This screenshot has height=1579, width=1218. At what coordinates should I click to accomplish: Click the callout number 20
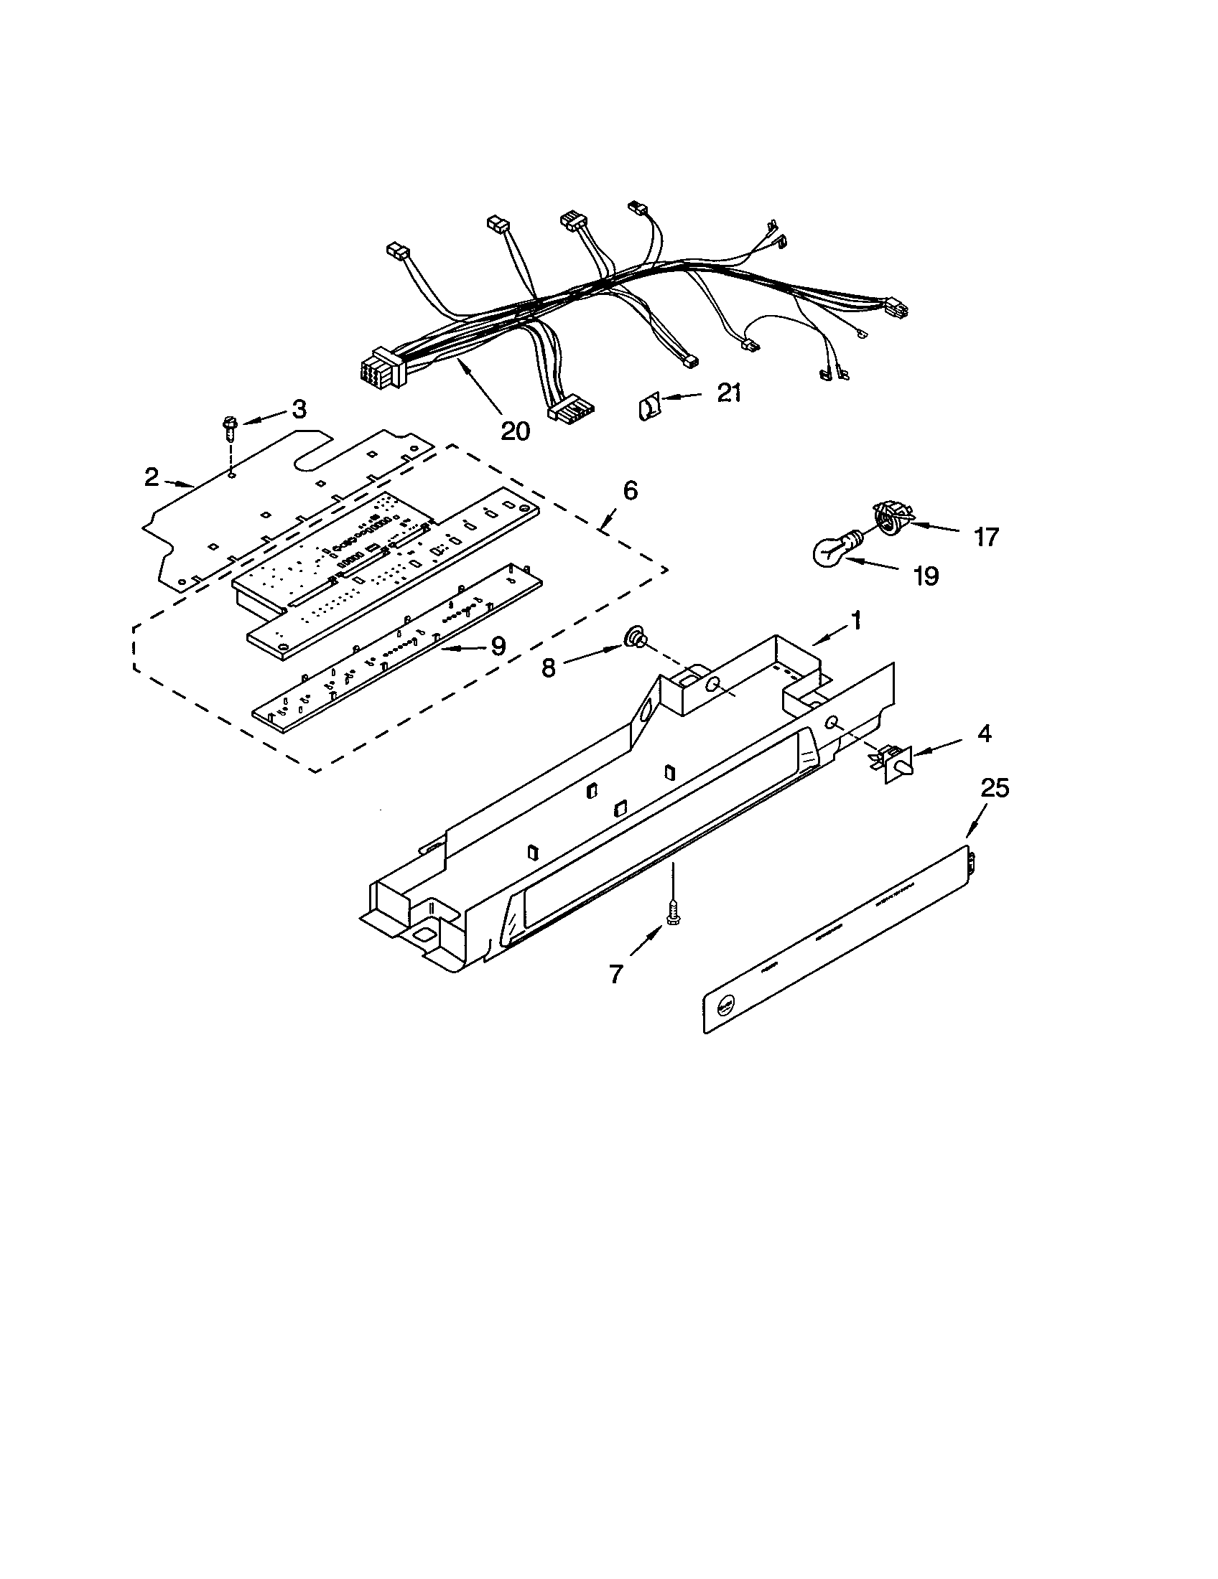tap(515, 430)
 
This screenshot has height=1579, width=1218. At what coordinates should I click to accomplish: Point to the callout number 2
tap(151, 477)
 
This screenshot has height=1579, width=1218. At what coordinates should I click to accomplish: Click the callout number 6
tap(630, 491)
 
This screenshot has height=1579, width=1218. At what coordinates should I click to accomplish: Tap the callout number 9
tap(498, 646)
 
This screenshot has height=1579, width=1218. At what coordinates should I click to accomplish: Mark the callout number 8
tap(548, 669)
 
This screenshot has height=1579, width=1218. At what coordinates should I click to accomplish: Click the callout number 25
tap(995, 788)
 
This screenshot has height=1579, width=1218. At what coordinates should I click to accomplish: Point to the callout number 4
tap(983, 734)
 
